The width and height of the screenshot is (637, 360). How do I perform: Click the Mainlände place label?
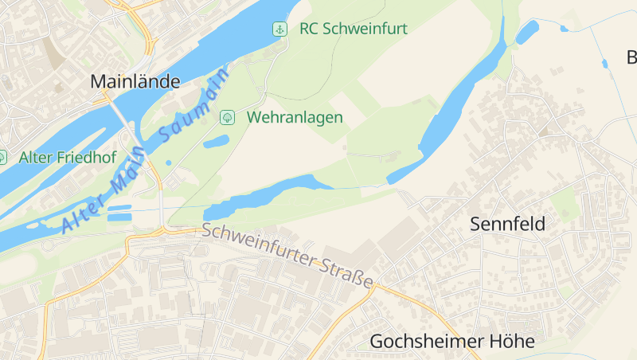135,81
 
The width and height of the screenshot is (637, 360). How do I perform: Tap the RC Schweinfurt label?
353,29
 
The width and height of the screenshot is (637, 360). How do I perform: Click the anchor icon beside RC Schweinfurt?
280,29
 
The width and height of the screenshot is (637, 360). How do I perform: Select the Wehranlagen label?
295,117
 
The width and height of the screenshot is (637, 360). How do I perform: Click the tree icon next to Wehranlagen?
227,117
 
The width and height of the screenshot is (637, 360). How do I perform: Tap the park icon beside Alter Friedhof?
2,157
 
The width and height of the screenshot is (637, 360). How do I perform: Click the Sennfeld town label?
508,224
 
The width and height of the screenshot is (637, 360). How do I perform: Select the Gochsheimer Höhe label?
451,342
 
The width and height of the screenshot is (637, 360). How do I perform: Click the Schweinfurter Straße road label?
287,256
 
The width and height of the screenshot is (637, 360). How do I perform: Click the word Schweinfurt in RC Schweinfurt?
365,29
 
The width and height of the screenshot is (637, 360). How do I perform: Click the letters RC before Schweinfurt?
309,29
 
